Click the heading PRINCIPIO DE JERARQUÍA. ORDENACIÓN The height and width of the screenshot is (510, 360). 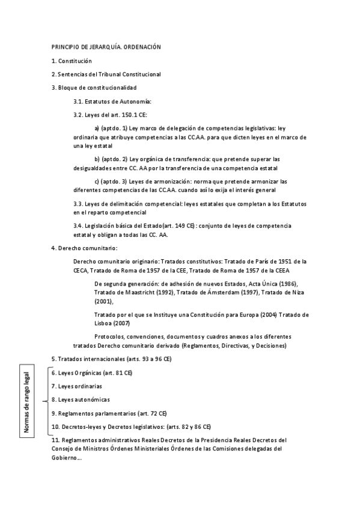(x=106, y=47)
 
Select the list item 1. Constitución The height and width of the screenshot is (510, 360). (x=72, y=61)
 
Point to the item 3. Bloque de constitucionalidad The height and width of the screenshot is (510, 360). (x=90, y=87)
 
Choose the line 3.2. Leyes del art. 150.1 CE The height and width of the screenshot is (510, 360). (x=110, y=114)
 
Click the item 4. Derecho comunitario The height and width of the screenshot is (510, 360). (x=84, y=248)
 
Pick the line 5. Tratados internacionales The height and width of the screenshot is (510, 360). (x=111, y=359)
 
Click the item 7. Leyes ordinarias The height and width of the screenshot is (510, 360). (x=76, y=386)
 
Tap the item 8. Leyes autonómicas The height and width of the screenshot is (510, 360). (x=80, y=399)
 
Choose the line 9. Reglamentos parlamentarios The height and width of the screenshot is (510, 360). (x=109, y=413)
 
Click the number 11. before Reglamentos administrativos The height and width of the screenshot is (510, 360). (x=56, y=440)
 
